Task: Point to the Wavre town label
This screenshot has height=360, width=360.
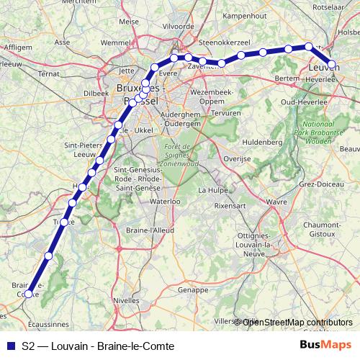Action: pyautogui.click(x=277, y=202)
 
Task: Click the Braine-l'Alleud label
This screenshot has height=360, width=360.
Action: pyautogui.click(x=151, y=230)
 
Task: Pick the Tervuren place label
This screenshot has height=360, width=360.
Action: pyautogui.click(x=227, y=113)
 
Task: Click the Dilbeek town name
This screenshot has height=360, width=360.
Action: pyautogui.click(x=96, y=93)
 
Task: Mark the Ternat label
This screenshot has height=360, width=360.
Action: pyautogui.click(x=48, y=73)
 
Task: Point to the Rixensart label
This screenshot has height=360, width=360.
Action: pyautogui.click(x=230, y=206)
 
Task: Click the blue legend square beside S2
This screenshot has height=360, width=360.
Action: pyautogui.click(x=9, y=345)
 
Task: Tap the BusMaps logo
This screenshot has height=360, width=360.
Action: pyautogui.click(x=326, y=345)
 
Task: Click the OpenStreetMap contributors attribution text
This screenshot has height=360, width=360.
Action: pyautogui.click(x=297, y=322)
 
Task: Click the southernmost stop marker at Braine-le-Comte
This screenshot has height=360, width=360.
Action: pyautogui.click(x=29, y=294)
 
